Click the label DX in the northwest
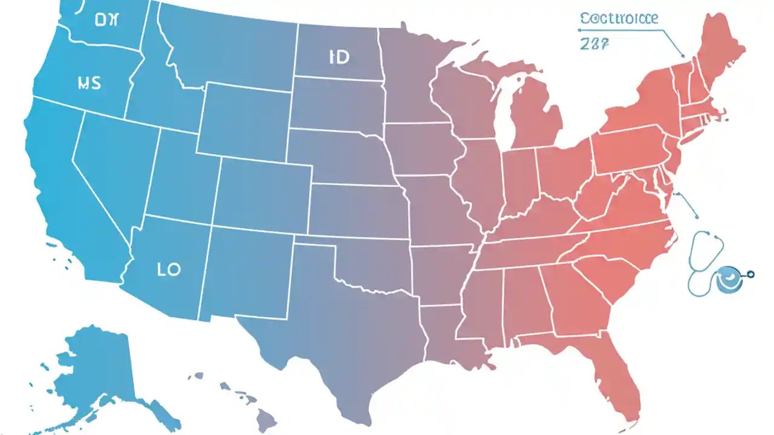coord(108,20)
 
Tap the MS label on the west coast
coord(89,83)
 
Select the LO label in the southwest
coord(169,269)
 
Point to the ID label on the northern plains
coord(339,58)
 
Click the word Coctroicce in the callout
coord(619,19)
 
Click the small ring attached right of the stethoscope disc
coord(751,274)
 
